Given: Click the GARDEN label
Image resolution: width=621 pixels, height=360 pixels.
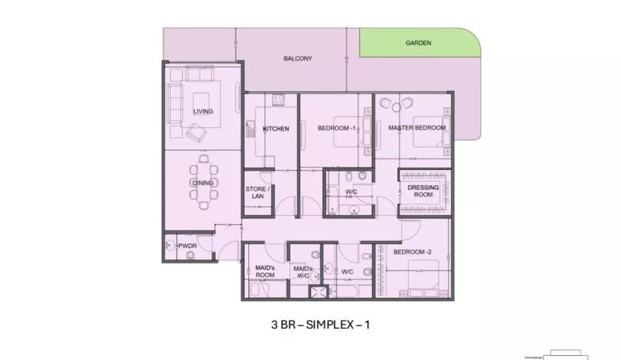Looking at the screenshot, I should (x=418, y=43).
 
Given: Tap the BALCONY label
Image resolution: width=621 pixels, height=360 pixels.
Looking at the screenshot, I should (x=297, y=59).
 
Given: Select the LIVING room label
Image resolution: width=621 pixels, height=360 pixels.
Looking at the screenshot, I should (x=203, y=112).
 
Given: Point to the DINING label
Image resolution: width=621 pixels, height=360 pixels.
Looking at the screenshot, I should (x=202, y=184).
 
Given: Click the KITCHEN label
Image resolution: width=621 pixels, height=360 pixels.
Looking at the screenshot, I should (x=275, y=129).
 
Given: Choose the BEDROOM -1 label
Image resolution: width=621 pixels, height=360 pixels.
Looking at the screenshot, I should (x=336, y=128).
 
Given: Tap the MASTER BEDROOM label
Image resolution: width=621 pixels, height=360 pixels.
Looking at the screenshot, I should (x=417, y=128).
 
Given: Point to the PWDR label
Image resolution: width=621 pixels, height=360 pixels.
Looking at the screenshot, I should (x=187, y=246).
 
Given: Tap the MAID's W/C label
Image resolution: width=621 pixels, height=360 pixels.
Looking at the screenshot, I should (x=303, y=272).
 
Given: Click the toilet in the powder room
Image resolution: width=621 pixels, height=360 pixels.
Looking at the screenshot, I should (x=190, y=256).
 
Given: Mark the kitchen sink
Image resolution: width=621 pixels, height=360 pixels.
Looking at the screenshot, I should (x=249, y=128).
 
